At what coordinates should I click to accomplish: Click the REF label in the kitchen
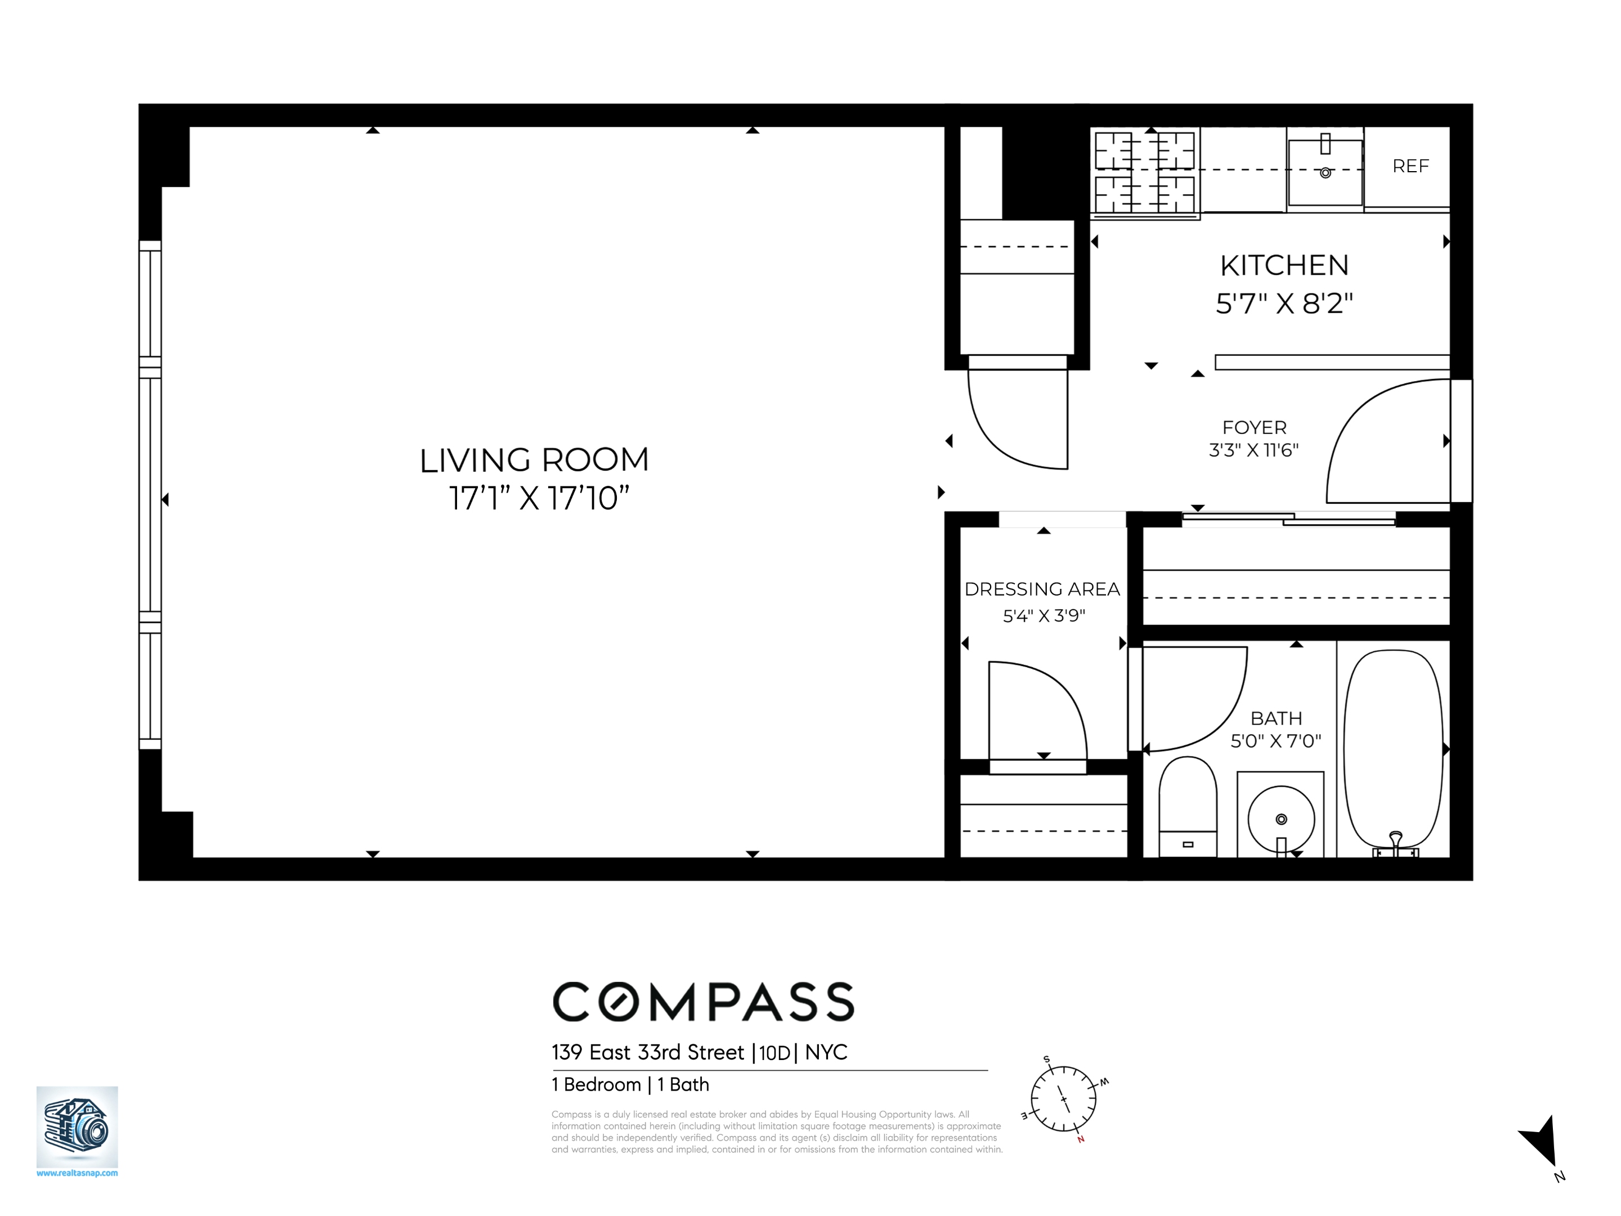click(1410, 167)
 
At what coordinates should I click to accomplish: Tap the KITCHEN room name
click(1284, 265)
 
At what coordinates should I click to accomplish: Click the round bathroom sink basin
click(1281, 819)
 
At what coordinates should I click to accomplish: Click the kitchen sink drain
click(1325, 173)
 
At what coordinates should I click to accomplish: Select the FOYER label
click(1254, 427)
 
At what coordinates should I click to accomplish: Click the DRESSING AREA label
click(1042, 589)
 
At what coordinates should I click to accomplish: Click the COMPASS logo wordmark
click(703, 1002)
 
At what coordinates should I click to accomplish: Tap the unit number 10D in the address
click(774, 1053)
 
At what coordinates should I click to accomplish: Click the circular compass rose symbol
click(1063, 1099)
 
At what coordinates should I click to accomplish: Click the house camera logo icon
click(77, 1126)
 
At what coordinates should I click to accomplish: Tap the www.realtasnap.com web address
click(77, 1173)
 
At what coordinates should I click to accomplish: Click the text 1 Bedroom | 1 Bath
click(630, 1085)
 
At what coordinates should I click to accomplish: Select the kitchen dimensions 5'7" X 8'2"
click(1284, 303)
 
